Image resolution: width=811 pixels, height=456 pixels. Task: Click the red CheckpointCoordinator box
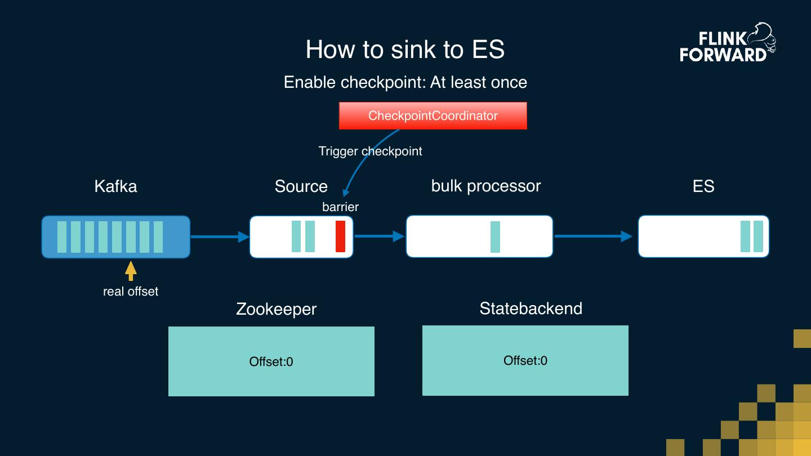433,116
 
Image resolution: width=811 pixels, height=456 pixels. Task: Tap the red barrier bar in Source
340,236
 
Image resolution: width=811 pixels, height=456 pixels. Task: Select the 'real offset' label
131,292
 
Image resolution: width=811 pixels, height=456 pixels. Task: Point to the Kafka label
115,186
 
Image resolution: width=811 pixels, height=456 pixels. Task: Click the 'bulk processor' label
485,186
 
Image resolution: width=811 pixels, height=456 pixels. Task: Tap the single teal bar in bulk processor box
495,236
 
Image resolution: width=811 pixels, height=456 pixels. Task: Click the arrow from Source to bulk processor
379,236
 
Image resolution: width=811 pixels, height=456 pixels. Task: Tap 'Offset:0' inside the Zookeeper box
271,361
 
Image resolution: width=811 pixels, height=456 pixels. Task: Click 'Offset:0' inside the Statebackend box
525,360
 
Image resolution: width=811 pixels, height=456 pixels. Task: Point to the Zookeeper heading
276,309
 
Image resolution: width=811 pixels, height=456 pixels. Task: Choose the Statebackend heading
531,309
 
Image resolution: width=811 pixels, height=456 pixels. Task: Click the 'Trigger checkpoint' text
370,151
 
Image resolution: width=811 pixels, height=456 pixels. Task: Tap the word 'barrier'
340,207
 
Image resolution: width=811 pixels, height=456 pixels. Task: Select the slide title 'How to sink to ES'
405,50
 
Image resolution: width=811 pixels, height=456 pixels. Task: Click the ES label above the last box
703,186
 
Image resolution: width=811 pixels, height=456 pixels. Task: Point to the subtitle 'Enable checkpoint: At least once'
405,82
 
